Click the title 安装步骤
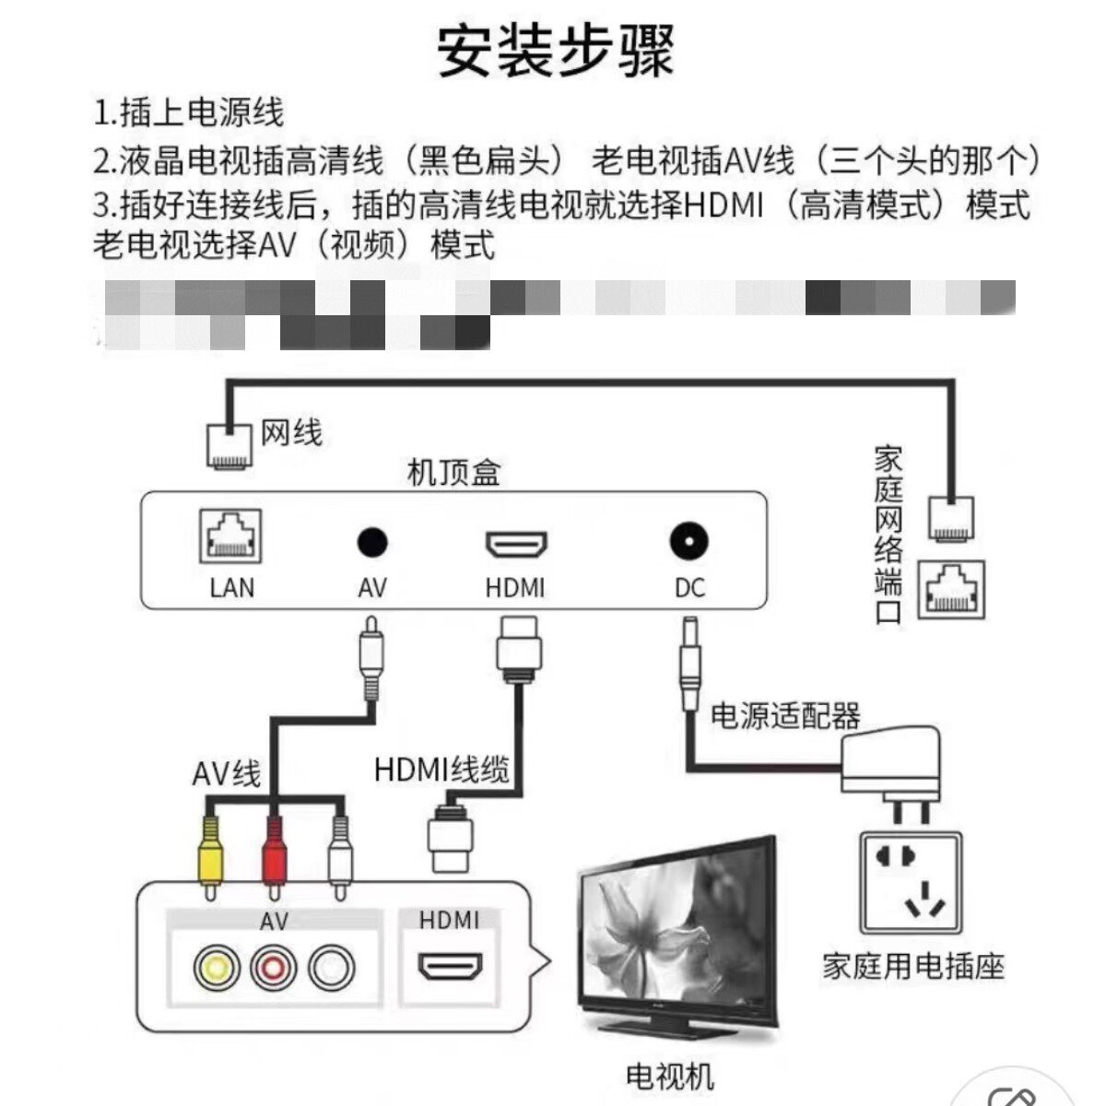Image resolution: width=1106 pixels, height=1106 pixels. click(x=555, y=52)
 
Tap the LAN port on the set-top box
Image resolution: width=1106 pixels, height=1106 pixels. click(x=230, y=537)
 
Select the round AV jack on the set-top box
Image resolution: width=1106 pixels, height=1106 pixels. click(x=372, y=543)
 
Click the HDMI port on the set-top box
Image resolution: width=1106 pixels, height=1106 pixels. click(x=516, y=545)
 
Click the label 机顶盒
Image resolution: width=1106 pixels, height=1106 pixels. click(x=453, y=473)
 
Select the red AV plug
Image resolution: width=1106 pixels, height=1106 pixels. click(x=274, y=853)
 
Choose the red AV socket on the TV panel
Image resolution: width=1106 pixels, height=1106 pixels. click(x=274, y=968)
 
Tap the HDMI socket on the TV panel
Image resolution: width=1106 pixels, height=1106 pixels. click(x=450, y=967)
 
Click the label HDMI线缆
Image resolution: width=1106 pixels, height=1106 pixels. click(x=441, y=768)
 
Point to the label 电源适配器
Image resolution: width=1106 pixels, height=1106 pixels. click(x=784, y=715)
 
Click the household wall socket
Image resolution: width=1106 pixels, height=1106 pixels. click(x=911, y=883)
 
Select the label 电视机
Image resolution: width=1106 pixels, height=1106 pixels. click(x=669, y=1076)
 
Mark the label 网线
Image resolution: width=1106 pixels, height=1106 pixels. click(x=291, y=431)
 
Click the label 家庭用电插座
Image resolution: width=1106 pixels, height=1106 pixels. click(x=912, y=966)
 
